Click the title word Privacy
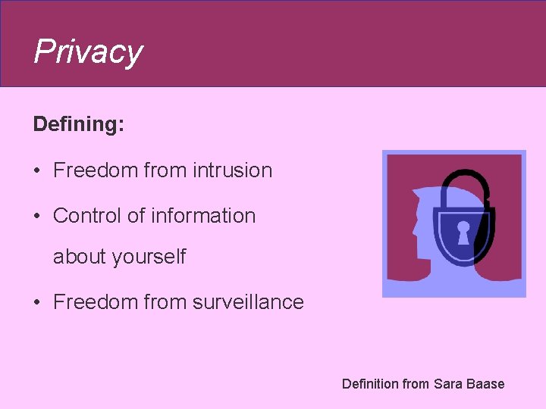coord(88,52)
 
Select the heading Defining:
coord(78,124)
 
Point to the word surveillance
coord(248,302)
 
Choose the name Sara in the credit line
coord(447,384)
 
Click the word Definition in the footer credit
coord(369,384)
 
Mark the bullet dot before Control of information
coord(37,217)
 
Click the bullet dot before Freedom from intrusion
coord(37,171)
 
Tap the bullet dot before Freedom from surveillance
coord(37,303)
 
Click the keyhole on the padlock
coord(463,230)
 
